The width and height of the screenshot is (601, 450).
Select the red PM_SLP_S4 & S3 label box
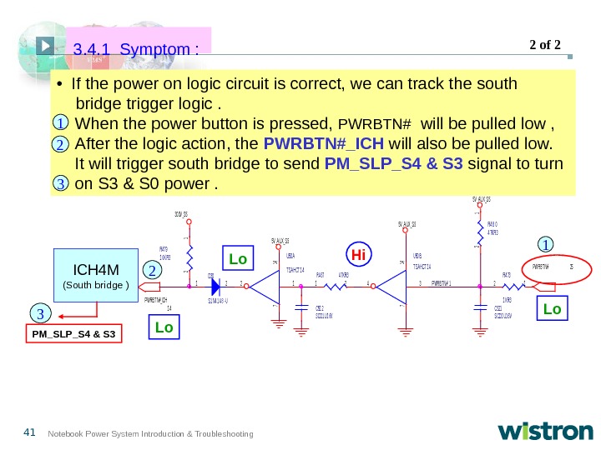click(73, 335)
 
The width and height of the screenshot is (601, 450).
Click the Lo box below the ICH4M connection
click(164, 327)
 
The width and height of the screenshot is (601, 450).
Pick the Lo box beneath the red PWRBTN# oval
click(553, 309)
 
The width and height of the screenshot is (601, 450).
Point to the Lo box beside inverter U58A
click(239, 259)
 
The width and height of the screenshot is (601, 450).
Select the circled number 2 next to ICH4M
click(153, 271)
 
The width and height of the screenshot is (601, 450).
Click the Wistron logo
click(545, 432)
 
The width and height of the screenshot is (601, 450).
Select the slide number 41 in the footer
click(30, 432)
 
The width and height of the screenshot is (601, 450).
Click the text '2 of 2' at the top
click(546, 44)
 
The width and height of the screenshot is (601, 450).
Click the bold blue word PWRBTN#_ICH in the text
click(322, 143)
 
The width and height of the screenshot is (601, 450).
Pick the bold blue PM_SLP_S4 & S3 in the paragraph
click(393, 162)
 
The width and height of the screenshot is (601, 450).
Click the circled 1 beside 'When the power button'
click(62, 125)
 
